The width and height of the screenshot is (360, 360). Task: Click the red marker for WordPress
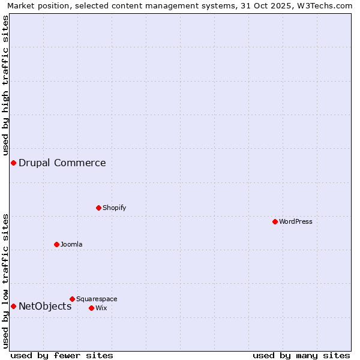pyautogui.click(x=275, y=221)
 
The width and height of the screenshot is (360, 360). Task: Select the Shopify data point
pyautogui.click(x=98, y=208)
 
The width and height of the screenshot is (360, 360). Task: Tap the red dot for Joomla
pyautogui.click(x=56, y=244)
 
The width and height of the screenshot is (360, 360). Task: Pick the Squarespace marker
pyautogui.click(x=72, y=299)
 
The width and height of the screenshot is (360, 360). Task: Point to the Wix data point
pyautogui.click(x=91, y=308)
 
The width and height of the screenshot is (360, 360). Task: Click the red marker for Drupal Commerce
pyautogui.click(x=13, y=163)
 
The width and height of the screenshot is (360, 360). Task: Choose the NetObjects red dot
pyautogui.click(x=13, y=306)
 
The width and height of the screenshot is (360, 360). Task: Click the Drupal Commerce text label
pyautogui.click(x=62, y=163)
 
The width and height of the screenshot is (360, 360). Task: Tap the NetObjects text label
pyautogui.click(x=45, y=306)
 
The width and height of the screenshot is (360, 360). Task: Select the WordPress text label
pyautogui.click(x=296, y=221)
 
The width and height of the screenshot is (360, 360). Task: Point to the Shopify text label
pyautogui.click(x=114, y=208)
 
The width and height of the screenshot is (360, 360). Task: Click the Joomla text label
pyautogui.click(x=71, y=244)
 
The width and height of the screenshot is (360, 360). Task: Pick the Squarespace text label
pyautogui.click(x=97, y=299)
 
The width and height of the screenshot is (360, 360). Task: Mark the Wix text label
pyautogui.click(x=101, y=308)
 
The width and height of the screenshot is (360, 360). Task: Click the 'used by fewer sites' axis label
pyautogui.click(x=62, y=355)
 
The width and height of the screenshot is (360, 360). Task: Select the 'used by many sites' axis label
pyautogui.click(x=301, y=355)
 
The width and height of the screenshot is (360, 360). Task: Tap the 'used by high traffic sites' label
pyautogui.click(x=5, y=84)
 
